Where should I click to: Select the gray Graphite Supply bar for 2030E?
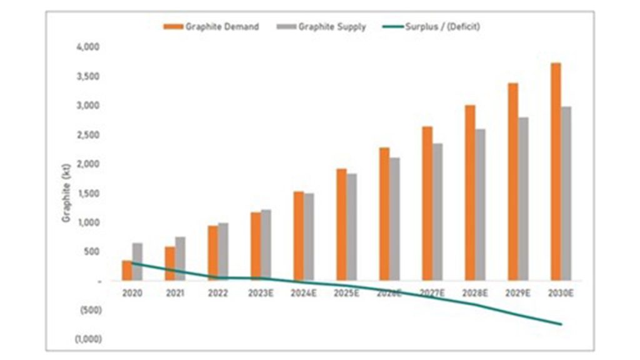(566, 193)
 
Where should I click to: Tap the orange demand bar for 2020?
(127, 270)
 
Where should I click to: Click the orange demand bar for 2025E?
(341, 224)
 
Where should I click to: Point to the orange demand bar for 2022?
(212, 252)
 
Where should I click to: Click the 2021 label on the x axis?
(175, 292)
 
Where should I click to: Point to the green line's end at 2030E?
(561, 324)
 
